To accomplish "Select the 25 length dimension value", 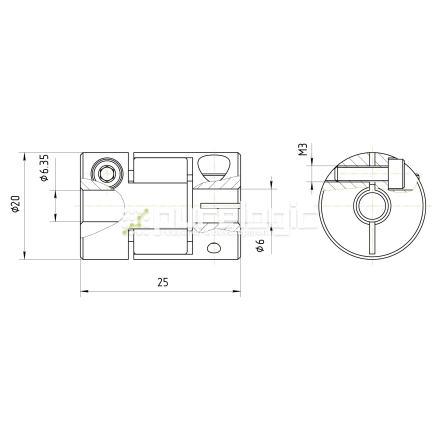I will [x=162, y=283].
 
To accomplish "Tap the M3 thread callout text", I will [x=301, y=153].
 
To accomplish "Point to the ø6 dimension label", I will [x=260, y=246].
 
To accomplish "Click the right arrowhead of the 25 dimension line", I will [x=237, y=292].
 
